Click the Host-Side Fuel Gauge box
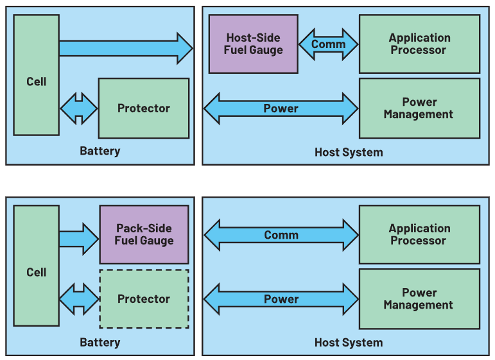[253, 44]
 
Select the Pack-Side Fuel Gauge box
[144, 234]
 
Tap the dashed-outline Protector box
[144, 299]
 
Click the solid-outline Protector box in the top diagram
[144, 108]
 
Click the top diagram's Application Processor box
[419, 44]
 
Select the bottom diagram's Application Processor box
[419, 234]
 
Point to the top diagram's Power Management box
[419, 108]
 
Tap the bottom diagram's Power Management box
[419, 299]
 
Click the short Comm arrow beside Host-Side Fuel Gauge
[328, 44]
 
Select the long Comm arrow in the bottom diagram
[281, 235]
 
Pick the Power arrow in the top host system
[281, 108]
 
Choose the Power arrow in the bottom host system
[281, 299]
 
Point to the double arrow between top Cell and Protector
[79, 108]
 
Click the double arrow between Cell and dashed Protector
[79, 299]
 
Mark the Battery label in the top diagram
[100, 151]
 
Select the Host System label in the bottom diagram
[348, 342]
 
